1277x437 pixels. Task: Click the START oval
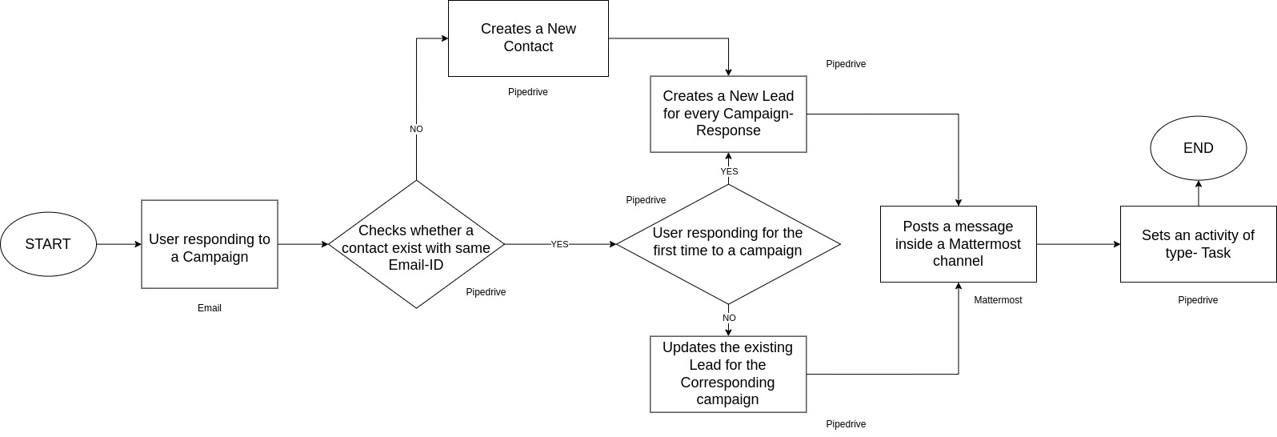[x=48, y=244]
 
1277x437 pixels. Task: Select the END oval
[x=1198, y=149]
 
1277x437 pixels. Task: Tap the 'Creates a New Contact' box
[x=528, y=38]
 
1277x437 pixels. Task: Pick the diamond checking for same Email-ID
[x=416, y=244]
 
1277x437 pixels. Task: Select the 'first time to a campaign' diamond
[x=728, y=244]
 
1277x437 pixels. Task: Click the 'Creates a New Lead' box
[x=728, y=114]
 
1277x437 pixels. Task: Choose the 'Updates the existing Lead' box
[x=728, y=374]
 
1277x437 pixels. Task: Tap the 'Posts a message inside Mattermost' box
[x=958, y=244]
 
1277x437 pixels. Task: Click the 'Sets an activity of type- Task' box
[x=1198, y=244]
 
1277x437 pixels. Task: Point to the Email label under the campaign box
[x=210, y=308]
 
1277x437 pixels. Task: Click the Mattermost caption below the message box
[x=998, y=300]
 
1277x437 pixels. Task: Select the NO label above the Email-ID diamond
[x=416, y=129]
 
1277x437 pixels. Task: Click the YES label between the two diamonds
[x=559, y=244]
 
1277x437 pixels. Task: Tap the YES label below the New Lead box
[x=729, y=171]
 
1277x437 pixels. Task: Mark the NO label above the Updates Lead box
[x=729, y=318]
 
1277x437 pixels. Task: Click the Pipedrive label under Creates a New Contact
[x=528, y=92]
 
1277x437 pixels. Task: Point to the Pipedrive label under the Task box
[x=1198, y=300]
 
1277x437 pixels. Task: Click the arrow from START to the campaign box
[x=118, y=244]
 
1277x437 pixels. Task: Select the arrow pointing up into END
[x=1198, y=193]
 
